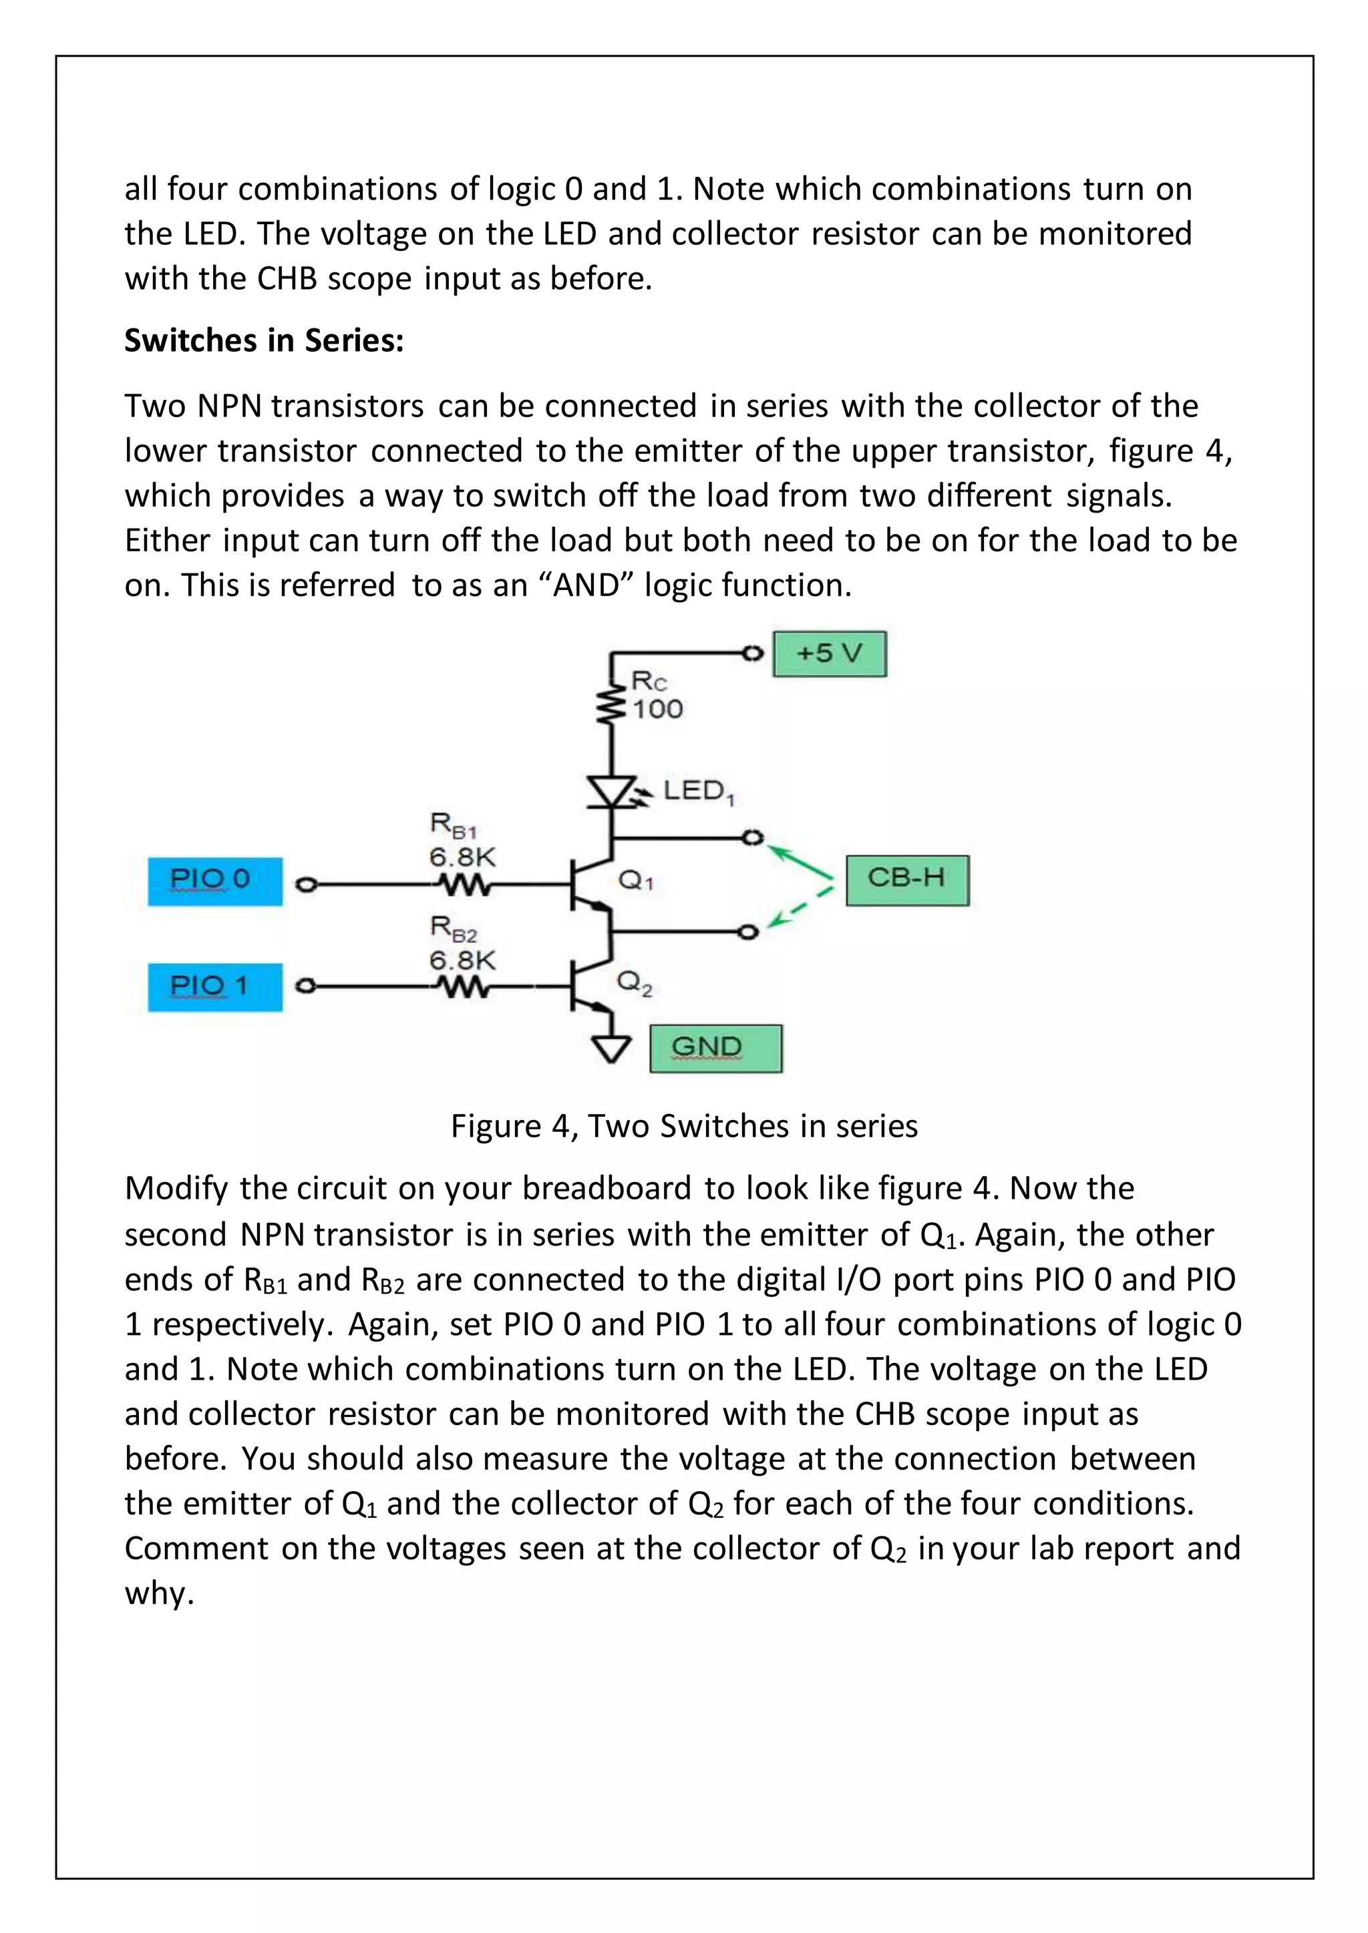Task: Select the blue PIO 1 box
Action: (x=215, y=987)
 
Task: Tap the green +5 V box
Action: (x=829, y=653)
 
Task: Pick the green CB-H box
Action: (x=906, y=880)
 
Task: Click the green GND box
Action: (x=715, y=1048)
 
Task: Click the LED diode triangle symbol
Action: (x=611, y=792)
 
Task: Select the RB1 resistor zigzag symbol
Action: (x=462, y=885)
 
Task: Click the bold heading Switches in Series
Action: (x=264, y=341)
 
